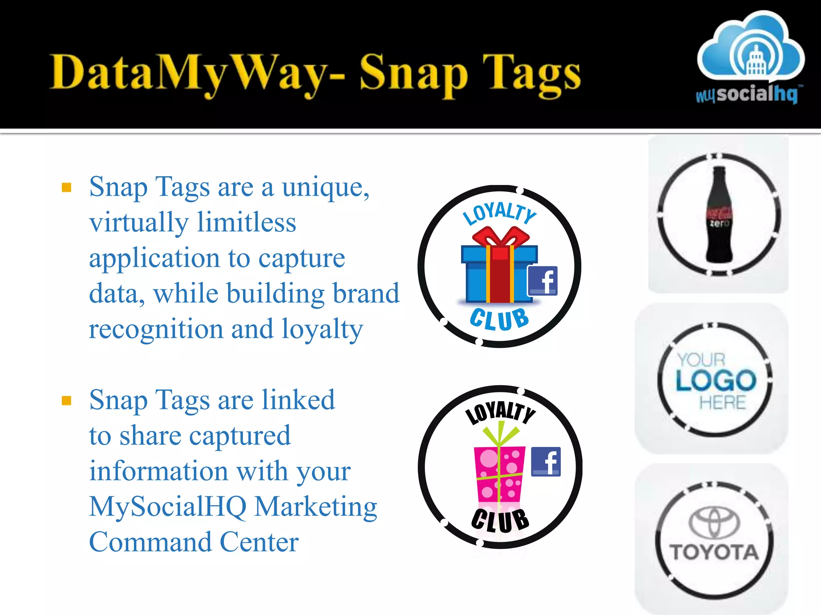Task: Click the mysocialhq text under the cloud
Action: coord(748,94)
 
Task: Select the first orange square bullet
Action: coord(67,187)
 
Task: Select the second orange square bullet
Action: coord(67,401)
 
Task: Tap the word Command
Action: coord(150,542)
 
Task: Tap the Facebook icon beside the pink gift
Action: coord(546,462)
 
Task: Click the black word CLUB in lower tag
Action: coord(500,521)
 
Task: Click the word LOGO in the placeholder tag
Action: coord(716,380)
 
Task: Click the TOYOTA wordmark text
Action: coord(714,553)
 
